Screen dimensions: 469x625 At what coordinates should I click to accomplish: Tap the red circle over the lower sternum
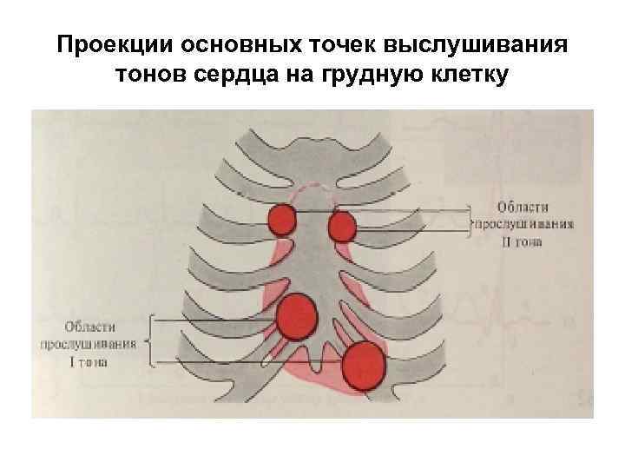[x=298, y=316]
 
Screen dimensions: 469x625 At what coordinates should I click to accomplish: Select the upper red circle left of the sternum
[x=281, y=220]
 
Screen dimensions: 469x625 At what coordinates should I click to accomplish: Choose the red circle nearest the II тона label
[x=342, y=228]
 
